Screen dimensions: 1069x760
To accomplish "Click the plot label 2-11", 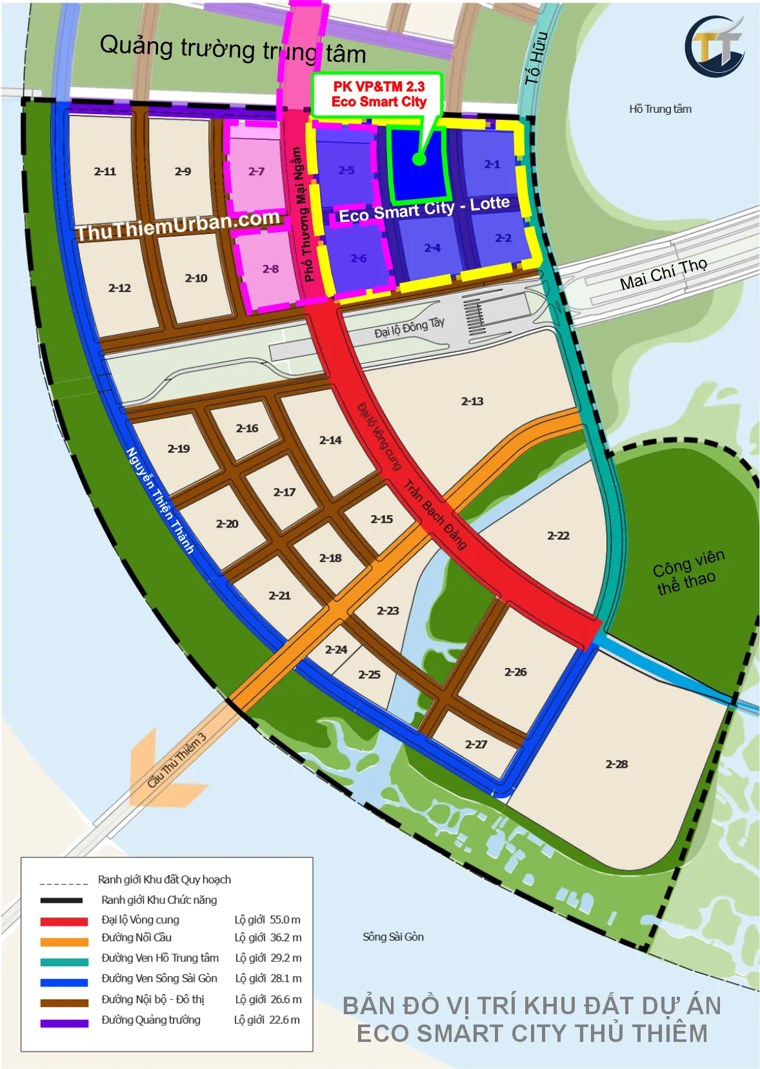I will pyautogui.click(x=105, y=172).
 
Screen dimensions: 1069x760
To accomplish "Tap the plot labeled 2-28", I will pyautogui.click(x=616, y=764).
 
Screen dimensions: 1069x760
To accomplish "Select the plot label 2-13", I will pyautogui.click(x=472, y=401).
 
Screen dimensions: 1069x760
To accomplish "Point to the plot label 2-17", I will pyautogui.click(x=284, y=492).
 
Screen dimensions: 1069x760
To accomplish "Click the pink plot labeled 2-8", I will pyautogui.click(x=270, y=269).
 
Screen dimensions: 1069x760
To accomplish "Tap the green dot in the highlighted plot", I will pyautogui.click(x=419, y=159).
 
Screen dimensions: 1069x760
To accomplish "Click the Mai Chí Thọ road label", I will pyautogui.click(x=663, y=274).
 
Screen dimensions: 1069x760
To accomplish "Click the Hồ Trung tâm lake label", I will pyautogui.click(x=660, y=109).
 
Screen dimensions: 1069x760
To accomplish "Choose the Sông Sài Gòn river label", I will pyautogui.click(x=393, y=936).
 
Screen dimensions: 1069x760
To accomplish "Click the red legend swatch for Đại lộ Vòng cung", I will pyautogui.click(x=64, y=921).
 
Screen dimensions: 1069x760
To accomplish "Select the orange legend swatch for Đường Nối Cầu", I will pyautogui.click(x=64, y=941).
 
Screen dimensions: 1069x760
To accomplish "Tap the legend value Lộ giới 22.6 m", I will pyautogui.click(x=266, y=1019).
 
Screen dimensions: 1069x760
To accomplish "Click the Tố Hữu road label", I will pyautogui.click(x=536, y=58).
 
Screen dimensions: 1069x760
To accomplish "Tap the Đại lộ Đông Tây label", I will pyautogui.click(x=409, y=328).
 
